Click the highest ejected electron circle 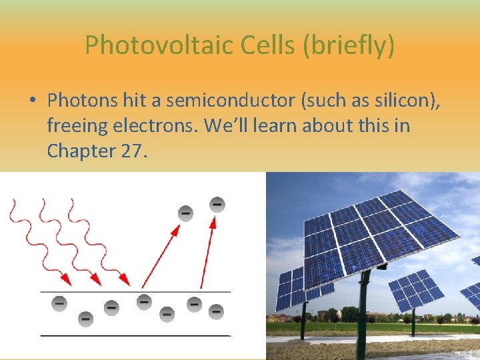click(x=217, y=204)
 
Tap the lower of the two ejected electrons click(x=185, y=213)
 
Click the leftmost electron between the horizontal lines click(x=60, y=303)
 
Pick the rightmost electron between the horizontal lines click(x=216, y=311)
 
